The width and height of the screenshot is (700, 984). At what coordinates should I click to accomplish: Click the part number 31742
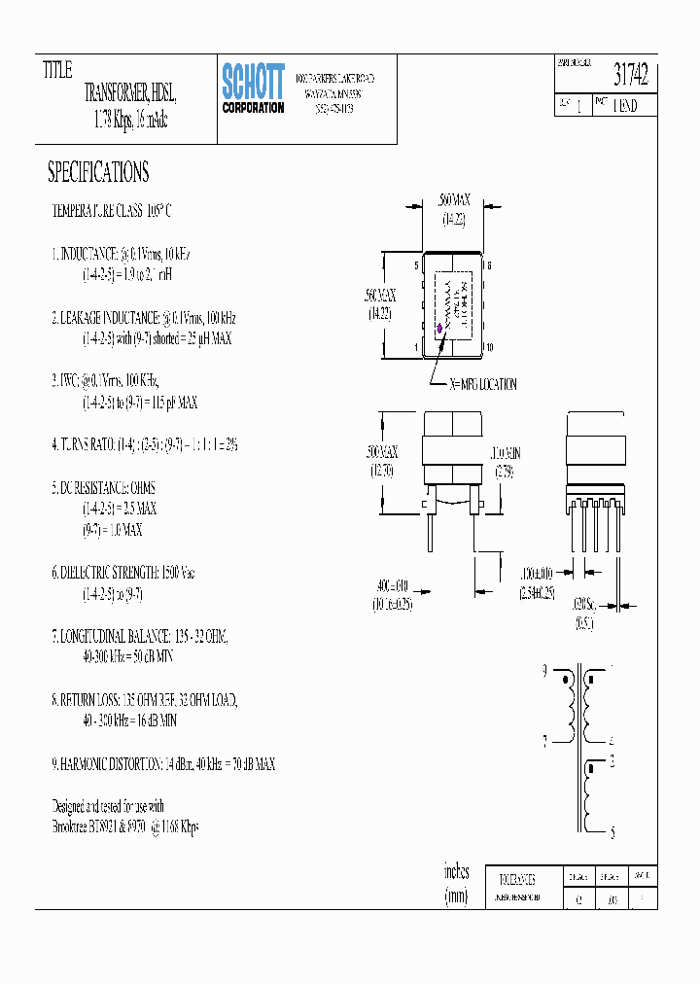pos(630,75)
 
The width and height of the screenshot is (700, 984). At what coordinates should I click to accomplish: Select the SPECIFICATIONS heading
pos(98,173)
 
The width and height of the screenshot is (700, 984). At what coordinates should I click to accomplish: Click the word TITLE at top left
pos(57,70)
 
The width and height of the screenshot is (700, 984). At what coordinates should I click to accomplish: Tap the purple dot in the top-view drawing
pos(438,328)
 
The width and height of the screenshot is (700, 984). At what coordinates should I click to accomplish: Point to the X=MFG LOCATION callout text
pos(483,384)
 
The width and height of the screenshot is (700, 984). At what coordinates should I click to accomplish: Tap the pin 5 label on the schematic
pos(611,833)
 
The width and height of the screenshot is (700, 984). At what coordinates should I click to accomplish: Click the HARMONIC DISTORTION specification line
pos(163,764)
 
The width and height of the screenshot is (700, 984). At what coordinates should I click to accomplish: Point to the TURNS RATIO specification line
pos(144,444)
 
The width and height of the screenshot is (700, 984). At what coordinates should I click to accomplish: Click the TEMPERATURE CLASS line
pos(111,210)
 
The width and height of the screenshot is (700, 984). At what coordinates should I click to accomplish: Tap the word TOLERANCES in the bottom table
pos(509,876)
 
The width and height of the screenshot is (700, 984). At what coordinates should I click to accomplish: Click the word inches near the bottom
pos(456,871)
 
